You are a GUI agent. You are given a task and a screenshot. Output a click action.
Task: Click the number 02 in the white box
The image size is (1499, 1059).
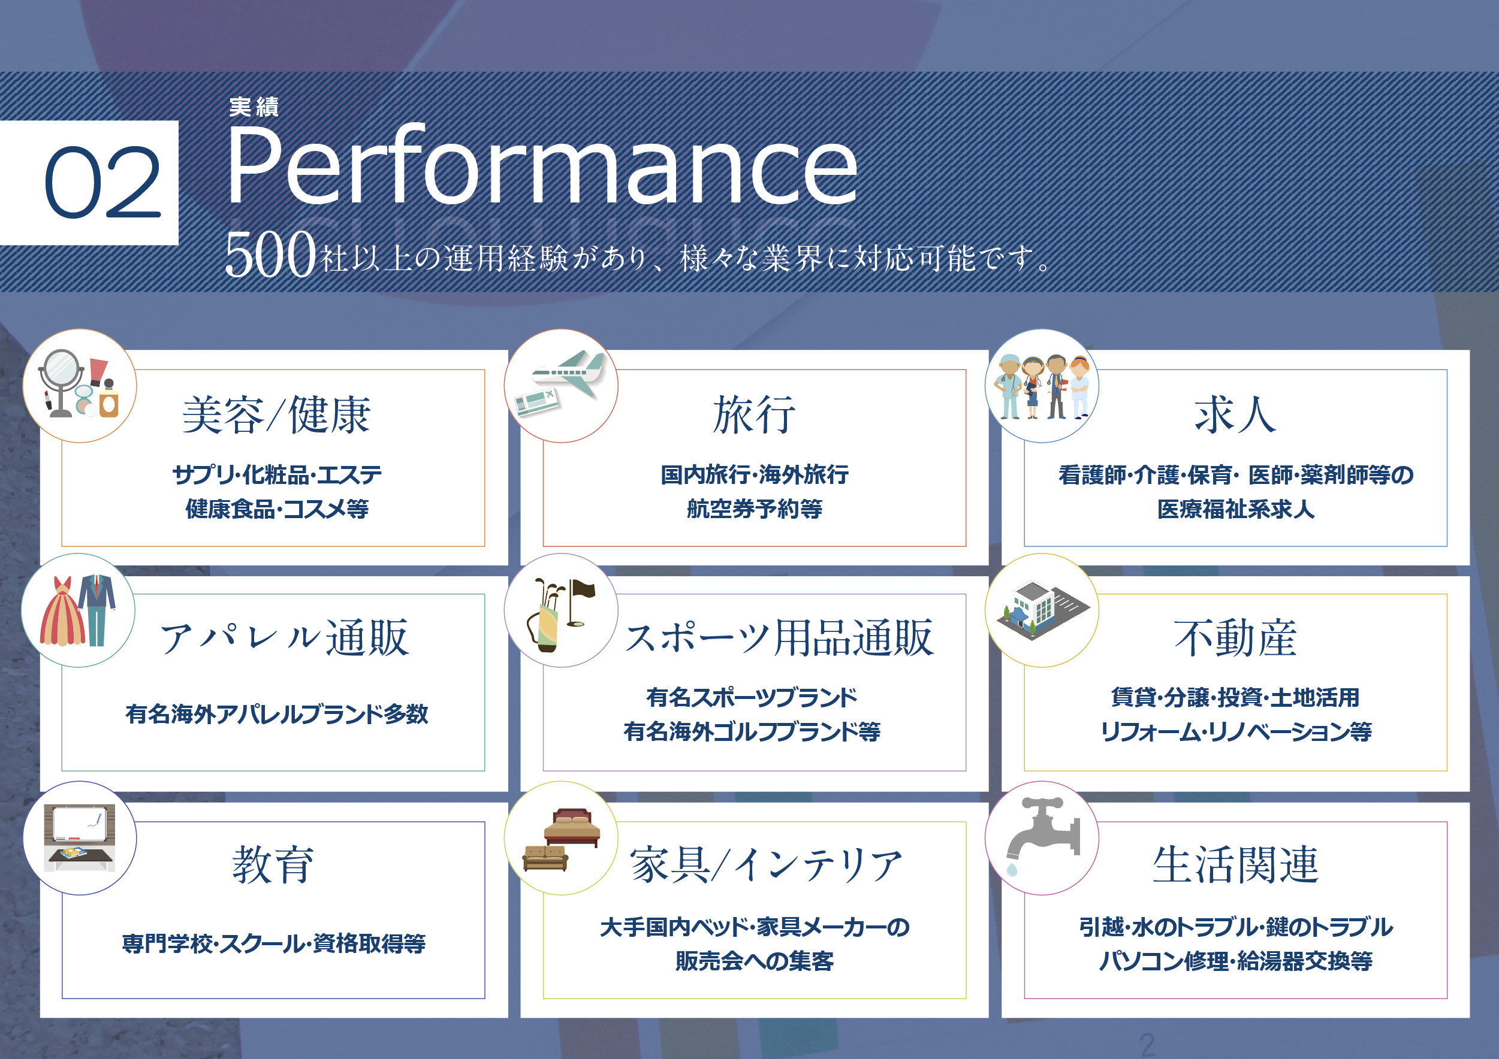coord(102,182)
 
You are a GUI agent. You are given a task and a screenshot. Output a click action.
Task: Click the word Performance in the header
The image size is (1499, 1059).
coord(541,166)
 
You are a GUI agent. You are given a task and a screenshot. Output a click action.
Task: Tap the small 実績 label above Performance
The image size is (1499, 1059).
coord(254,107)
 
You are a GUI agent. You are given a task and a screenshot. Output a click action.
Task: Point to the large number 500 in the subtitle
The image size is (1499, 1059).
coord(270,255)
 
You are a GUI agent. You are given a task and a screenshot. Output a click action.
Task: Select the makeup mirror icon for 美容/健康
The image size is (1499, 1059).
coord(61,382)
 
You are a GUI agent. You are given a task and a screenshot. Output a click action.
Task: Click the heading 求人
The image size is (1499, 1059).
coord(1235,415)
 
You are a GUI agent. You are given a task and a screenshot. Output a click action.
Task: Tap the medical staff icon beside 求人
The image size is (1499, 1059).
coord(1042,386)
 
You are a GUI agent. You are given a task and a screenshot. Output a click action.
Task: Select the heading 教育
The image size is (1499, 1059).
coord(273,865)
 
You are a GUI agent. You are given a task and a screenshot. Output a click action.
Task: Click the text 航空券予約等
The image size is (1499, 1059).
coord(754,509)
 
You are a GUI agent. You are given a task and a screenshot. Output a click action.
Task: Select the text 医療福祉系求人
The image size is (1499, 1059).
coord(1235,509)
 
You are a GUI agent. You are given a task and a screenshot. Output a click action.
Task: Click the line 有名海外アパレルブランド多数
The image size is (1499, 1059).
coord(277,715)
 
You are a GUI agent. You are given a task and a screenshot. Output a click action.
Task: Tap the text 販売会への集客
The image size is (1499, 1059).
coord(754,961)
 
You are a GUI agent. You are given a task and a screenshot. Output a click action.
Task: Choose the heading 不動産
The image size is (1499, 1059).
coord(1235,639)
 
